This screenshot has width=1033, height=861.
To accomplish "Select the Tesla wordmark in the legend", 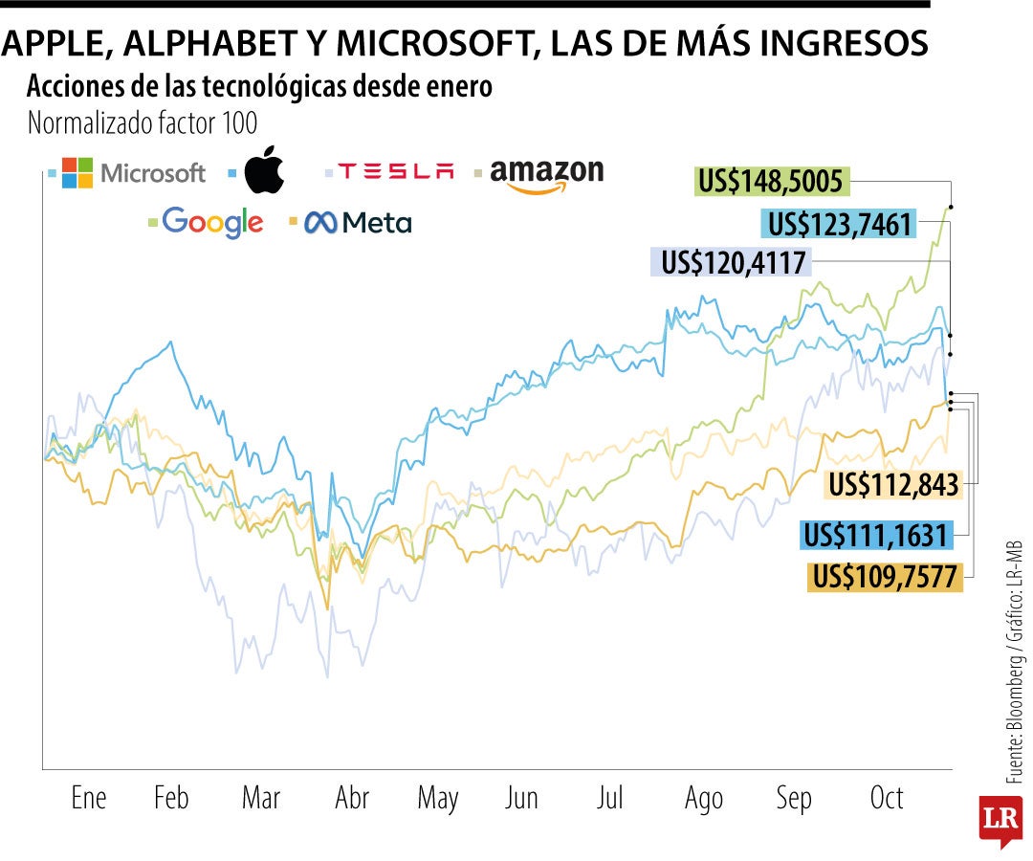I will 395,172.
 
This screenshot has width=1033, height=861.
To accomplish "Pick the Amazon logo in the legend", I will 546,175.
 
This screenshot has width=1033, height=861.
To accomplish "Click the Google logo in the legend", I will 212,223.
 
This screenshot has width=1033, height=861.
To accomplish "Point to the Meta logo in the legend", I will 358,224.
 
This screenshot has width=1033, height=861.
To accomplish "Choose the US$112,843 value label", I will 892,485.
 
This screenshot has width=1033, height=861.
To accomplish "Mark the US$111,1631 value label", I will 876,536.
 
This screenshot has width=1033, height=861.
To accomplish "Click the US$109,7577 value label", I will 885,577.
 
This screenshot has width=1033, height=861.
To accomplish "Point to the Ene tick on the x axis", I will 89,798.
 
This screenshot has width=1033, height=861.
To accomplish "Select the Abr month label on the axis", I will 352,798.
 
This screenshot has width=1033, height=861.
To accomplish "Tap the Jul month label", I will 609,798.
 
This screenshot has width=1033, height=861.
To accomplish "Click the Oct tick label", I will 887,798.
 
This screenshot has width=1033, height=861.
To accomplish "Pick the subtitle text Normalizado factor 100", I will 143,123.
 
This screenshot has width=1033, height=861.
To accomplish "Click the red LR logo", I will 1000,820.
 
